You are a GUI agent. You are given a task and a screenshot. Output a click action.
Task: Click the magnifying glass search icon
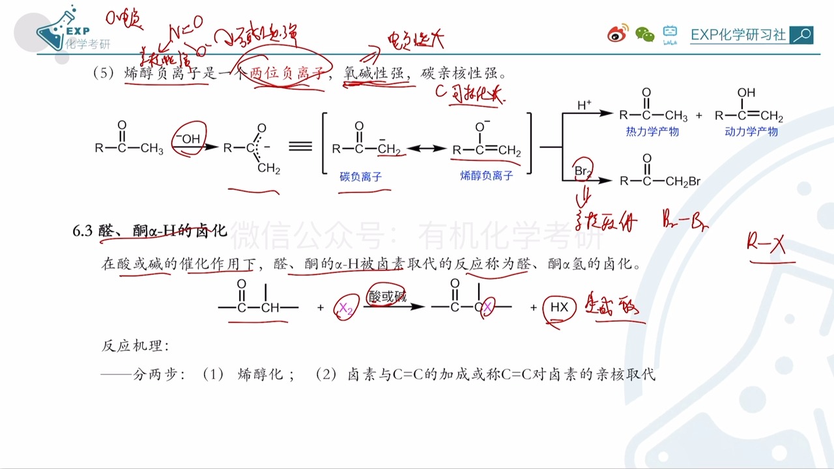tap(801, 35)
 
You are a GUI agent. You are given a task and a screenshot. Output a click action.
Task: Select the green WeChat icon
tap(644, 35)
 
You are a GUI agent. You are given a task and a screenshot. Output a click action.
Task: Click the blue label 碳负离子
tap(360, 177)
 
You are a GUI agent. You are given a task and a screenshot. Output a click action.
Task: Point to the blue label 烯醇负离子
tap(486, 176)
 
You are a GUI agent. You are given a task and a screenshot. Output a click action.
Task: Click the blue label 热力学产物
tap(652, 132)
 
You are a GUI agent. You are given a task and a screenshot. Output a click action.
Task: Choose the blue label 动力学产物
tap(751, 132)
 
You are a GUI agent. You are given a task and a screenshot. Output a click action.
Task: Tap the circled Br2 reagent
tap(582, 170)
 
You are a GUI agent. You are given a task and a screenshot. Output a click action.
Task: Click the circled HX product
tap(559, 307)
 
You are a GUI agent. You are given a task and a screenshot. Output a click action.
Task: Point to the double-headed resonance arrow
tap(426, 149)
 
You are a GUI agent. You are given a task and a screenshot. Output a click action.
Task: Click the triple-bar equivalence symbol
tap(300, 146)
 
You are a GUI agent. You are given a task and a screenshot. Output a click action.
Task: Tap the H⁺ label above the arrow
tap(584, 104)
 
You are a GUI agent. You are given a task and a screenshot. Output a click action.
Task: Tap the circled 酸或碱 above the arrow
tap(387, 296)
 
